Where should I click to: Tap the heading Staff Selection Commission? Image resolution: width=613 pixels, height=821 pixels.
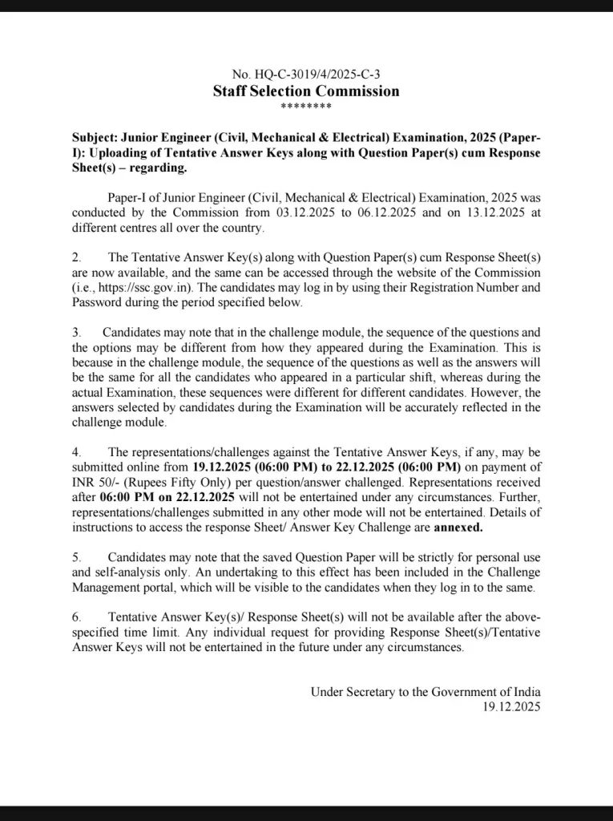(306, 91)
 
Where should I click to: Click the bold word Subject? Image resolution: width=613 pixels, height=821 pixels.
(95, 137)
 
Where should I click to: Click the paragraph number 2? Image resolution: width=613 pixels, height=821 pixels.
(76, 257)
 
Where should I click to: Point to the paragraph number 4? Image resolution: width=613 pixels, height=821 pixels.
(76, 453)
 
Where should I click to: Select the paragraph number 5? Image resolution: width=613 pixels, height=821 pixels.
(76, 557)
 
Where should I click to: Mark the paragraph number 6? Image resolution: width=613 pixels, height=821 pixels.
(76, 617)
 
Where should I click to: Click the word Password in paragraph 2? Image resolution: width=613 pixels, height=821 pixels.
(96, 303)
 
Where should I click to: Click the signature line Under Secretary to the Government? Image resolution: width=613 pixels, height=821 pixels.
(425, 692)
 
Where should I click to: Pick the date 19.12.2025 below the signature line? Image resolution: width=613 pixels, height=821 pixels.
(511, 707)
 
